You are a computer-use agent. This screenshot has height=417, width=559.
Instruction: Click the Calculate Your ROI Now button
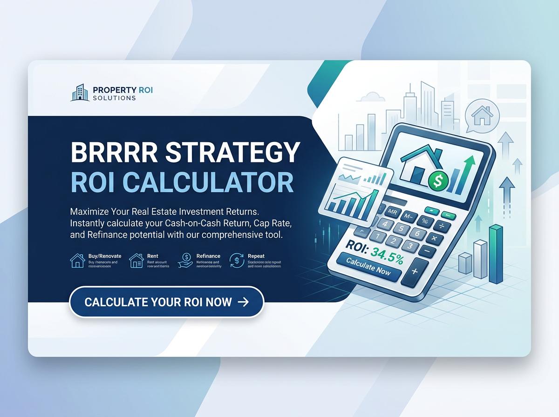pyautogui.click(x=166, y=302)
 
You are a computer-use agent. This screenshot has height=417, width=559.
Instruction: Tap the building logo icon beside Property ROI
pyautogui.click(x=79, y=92)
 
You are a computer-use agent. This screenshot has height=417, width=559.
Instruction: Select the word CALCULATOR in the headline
pyautogui.click(x=211, y=182)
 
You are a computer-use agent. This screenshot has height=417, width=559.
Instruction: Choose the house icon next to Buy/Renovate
pyautogui.click(x=77, y=261)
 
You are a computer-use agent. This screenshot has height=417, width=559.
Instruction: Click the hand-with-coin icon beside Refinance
pyautogui.click(x=185, y=261)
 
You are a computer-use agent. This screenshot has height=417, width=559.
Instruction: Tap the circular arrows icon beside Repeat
pyautogui.click(x=238, y=261)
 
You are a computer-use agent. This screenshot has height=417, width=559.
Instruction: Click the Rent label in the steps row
pyautogui.click(x=152, y=256)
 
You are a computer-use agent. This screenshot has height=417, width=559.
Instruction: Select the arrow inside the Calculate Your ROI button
pyautogui.click(x=243, y=302)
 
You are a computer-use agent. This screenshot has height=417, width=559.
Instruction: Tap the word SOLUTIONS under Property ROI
pyautogui.click(x=114, y=98)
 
